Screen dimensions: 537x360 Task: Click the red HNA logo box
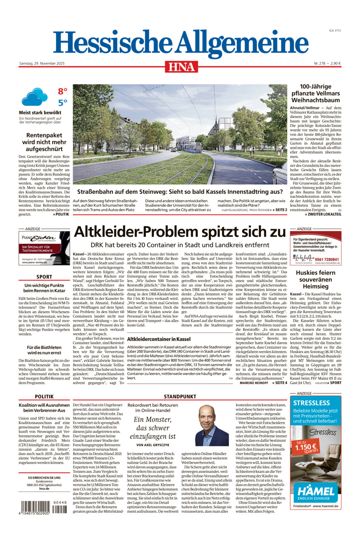[181, 67]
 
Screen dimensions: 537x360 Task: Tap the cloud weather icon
[34, 98]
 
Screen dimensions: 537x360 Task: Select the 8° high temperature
[62, 91]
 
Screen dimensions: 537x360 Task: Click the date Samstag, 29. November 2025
[42, 63]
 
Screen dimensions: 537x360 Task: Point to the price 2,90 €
[333, 63]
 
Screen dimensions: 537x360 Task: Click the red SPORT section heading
[44, 277]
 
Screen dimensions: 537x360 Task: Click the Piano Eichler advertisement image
[44, 249]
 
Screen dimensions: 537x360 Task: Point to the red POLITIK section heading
[44, 399]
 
